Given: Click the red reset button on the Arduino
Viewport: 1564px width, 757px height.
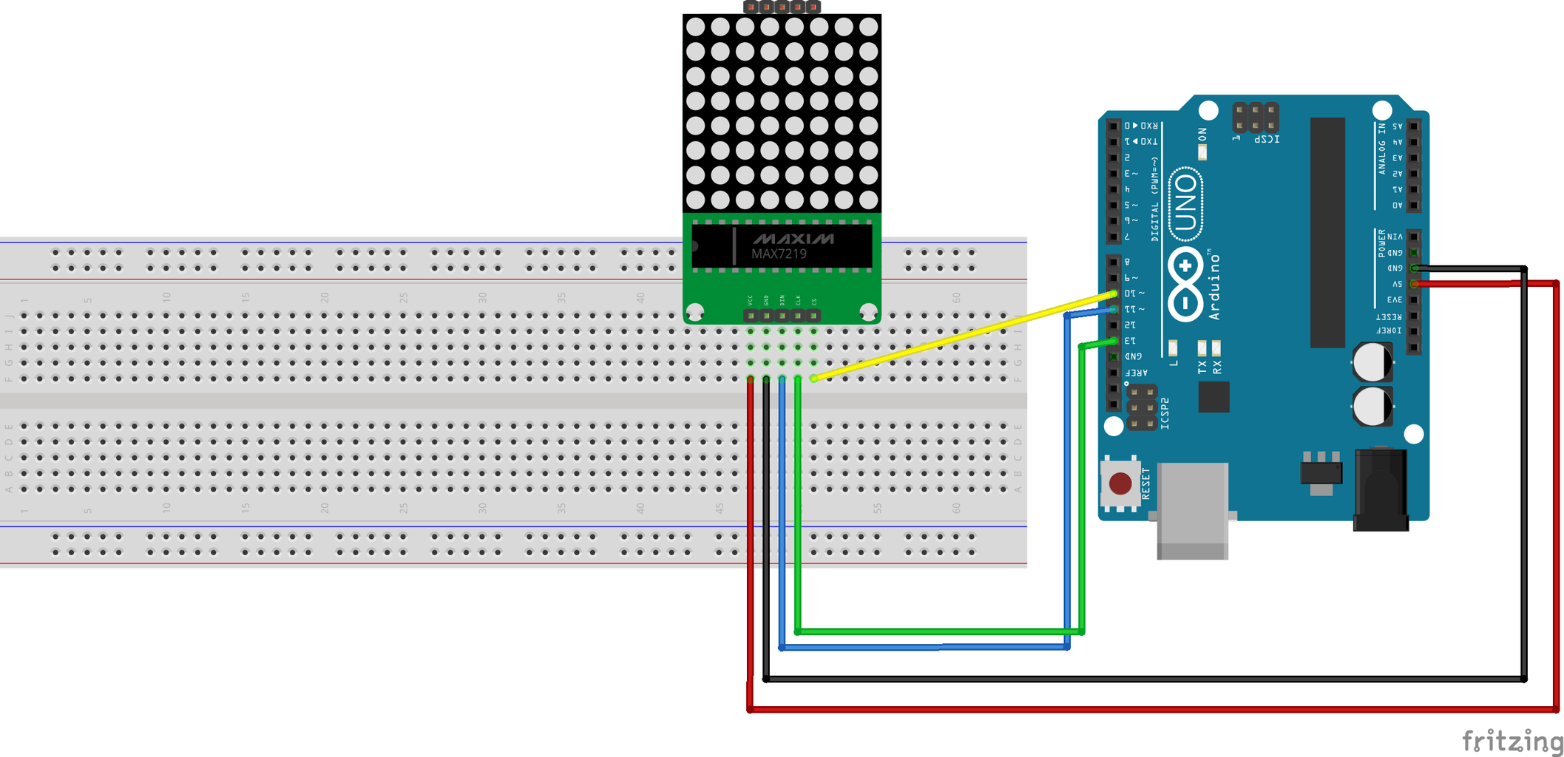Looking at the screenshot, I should [1120, 484].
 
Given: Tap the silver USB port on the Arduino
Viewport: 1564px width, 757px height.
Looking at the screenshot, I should [1192, 510].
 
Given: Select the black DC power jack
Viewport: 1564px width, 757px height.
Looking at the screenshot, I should [1381, 490].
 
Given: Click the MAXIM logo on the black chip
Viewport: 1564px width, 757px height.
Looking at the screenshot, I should [793, 239].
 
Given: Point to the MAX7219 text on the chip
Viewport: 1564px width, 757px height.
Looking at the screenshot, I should [779, 254].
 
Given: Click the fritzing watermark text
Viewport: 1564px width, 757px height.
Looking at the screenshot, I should [1511, 740].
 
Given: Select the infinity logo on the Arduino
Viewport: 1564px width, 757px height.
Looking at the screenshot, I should [1185, 285].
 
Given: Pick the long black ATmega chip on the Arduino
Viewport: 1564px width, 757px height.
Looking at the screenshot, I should [1327, 232].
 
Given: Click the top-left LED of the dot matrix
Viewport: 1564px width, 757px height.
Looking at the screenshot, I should [695, 27].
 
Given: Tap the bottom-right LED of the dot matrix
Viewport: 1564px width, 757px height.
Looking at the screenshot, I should [869, 200].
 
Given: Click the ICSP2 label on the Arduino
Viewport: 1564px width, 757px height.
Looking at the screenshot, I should [1165, 413].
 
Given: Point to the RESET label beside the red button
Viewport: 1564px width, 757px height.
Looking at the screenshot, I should [1146, 483].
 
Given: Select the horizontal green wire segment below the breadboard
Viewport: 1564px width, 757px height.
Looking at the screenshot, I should [939, 631].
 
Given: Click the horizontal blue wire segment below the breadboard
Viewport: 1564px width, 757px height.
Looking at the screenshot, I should [924, 647].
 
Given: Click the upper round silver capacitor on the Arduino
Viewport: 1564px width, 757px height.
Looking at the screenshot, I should [1372, 363].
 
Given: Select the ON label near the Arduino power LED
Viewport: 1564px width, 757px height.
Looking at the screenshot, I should [1202, 135].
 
